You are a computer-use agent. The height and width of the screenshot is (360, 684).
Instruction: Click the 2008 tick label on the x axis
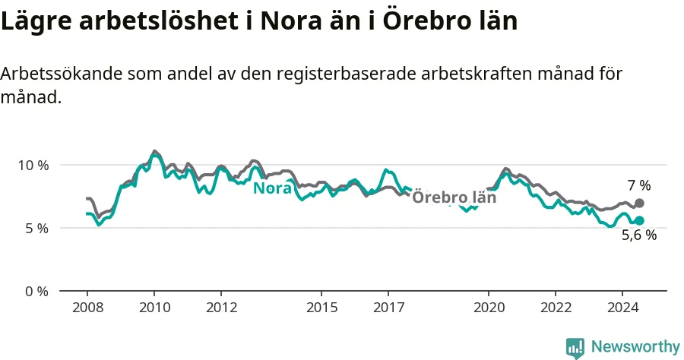87,308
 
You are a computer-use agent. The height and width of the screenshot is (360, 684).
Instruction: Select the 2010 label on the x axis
155,308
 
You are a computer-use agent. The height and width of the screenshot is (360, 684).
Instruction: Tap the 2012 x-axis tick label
222,308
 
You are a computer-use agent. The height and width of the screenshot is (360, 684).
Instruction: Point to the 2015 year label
322,308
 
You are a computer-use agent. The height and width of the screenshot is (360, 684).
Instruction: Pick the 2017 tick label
388,308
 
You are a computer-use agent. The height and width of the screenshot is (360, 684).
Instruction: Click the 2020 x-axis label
489,308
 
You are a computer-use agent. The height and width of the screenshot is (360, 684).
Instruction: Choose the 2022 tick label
556,308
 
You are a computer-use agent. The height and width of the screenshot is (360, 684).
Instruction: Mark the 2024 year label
623,308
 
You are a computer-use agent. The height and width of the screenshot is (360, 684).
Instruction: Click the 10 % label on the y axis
33,166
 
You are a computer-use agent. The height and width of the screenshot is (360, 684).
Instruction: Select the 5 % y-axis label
36,229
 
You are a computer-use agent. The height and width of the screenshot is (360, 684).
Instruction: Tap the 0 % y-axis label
36,291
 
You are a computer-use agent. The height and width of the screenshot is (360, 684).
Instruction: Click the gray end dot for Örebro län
639,203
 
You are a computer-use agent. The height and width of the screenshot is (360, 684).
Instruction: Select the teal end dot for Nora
639,220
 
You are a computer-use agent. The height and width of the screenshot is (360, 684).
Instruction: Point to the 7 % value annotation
639,185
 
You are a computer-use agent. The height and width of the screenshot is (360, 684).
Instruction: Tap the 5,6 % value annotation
639,235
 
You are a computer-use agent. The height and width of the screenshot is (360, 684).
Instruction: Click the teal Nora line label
273,188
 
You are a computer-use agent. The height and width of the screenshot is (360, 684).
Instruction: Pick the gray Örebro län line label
454,197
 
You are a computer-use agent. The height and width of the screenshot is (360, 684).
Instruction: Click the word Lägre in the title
36,21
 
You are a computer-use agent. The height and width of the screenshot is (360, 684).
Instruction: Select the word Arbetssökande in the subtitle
62,74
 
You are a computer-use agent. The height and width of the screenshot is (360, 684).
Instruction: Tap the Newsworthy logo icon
575,348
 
